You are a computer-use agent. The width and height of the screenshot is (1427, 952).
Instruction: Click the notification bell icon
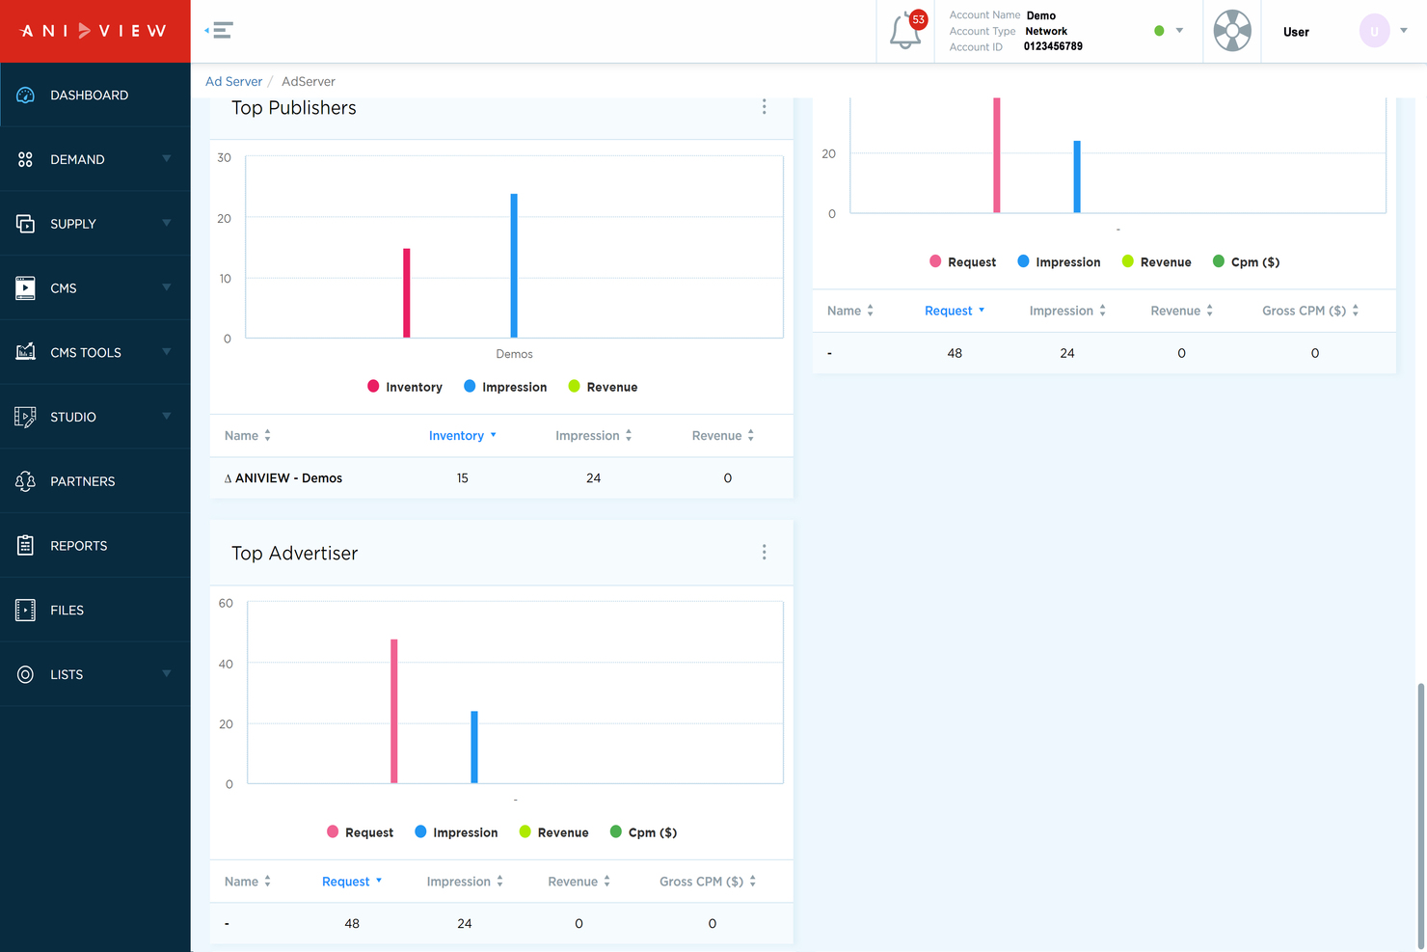point(904,32)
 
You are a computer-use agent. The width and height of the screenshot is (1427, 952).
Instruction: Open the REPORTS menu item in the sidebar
point(78,546)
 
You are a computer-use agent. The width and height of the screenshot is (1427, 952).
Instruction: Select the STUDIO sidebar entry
point(73,417)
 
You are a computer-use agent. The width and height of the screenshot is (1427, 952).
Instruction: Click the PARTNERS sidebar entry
point(82,481)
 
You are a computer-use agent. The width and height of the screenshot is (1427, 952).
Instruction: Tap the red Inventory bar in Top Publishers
point(407,293)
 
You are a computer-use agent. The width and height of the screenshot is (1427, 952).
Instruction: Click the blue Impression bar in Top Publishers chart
point(514,265)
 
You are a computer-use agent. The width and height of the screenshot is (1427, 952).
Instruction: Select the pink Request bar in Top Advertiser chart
point(394,711)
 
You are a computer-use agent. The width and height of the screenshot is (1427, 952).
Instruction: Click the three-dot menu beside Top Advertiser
point(765,553)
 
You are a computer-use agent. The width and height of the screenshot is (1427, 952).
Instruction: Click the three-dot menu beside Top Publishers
point(765,107)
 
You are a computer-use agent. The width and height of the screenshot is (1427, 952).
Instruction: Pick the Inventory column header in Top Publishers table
point(456,436)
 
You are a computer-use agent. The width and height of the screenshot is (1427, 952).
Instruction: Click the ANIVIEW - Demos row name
point(288,478)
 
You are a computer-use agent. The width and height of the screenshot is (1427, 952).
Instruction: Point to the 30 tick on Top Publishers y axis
point(225,157)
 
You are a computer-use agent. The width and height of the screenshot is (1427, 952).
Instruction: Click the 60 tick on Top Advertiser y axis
point(226,604)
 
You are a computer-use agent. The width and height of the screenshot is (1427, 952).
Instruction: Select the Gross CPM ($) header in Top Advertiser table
point(701,882)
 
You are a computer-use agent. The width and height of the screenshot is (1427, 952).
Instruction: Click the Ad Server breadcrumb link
point(233,82)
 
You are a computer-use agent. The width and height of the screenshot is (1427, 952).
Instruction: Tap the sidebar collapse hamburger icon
point(221,31)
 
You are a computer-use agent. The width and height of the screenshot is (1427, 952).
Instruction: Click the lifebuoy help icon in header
point(1231,31)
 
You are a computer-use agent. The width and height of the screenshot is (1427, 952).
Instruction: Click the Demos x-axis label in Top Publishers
point(514,354)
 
